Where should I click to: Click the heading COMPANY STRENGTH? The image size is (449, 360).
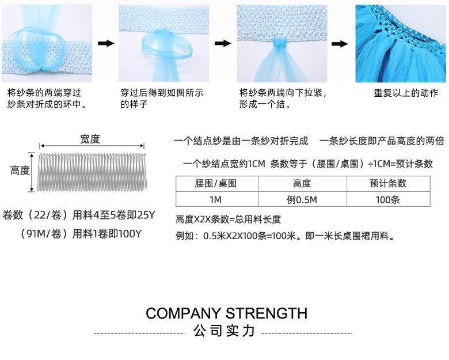pyautogui.click(x=226, y=313)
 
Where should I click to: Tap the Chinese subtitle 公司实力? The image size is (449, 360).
pyautogui.click(x=224, y=332)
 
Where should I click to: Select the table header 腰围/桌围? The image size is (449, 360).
pyautogui.click(x=216, y=184)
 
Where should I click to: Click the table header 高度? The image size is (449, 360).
pyautogui.click(x=302, y=184)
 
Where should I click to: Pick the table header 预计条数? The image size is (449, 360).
pyautogui.click(x=388, y=184)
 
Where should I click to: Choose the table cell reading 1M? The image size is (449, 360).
pyautogui.click(x=216, y=199)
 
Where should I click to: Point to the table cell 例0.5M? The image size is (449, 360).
pyautogui.click(x=302, y=199)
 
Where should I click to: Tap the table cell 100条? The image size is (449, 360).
pyautogui.click(x=388, y=199)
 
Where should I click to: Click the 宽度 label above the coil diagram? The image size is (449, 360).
pyautogui.click(x=90, y=139)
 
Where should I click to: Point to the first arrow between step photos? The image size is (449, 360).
pyautogui.click(x=105, y=43)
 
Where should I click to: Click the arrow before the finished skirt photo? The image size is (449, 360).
pyautogui.click(x=340, y=44)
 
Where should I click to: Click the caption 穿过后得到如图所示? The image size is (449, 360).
pyautogui.click(x=162, y=93)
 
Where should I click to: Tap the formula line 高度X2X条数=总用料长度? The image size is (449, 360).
pyautogui.click(x=228, y=219)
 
